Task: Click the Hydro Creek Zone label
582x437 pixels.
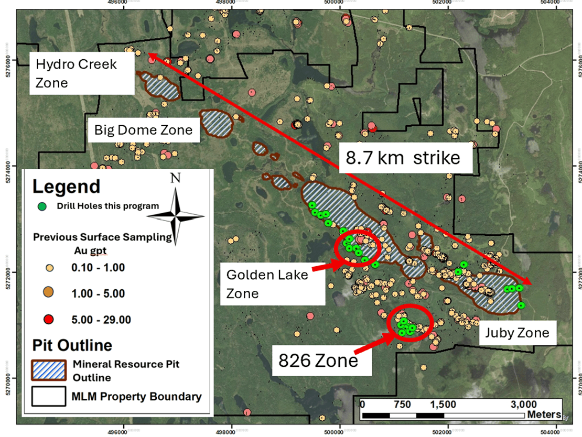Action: point(76,74)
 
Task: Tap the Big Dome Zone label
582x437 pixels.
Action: point(143,130)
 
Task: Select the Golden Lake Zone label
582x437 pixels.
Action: point(267,283)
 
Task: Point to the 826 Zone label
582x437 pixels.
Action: point(318,360)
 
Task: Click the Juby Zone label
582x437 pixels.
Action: point(517,333)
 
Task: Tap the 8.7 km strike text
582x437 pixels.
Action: point(402,158)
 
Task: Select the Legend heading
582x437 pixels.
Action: point(66,187)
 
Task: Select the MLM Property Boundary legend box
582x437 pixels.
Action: point(49,397)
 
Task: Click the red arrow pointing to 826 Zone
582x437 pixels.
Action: point(373,344)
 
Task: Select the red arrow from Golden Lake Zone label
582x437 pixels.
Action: point(325,266)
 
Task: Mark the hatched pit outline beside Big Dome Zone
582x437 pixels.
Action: point(216,123)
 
